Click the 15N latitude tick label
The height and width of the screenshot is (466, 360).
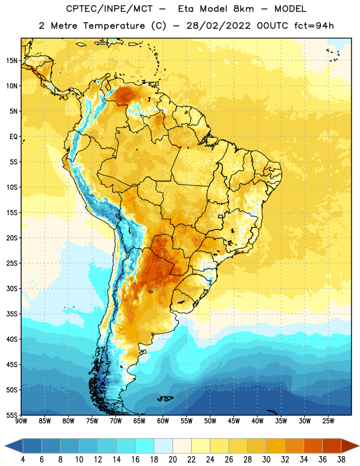pyautogui.click(x=12, y=61)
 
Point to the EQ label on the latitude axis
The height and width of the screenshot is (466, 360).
pyautogui.click(x=13, y=137)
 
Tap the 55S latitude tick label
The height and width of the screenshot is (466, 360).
pyautogui.click(x=12, y=415)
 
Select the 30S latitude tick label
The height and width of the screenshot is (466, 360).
pyautogui.click(x=12, y=288)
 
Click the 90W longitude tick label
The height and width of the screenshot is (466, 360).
pyautogui.click(x=21, y=421)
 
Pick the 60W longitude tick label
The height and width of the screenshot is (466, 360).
pyautogui.click(x=163, y=421)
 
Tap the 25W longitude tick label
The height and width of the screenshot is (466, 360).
pyautogui.click(x=328, y=421)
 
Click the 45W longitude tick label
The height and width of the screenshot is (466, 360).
pyautogui.click(x=234, y=421)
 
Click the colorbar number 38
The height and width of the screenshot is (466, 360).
pyautogui.click(x=341, y=460)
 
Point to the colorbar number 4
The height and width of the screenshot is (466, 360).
pyautogui.click(x=23, y=460)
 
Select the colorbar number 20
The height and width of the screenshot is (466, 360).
pyautogui.click(x=172, y=460)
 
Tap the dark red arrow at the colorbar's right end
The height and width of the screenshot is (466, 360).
pyautogui.click(x=350, y=446)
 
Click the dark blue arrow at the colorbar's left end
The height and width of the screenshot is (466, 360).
pyautogui.click(x=14, y=446)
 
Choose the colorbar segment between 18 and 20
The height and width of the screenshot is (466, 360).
pyautogui.click(x=164, y=446)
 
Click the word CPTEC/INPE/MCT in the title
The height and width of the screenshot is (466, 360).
pyautogui.click(x=109, y=9)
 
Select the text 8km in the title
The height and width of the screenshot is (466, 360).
pyautogui.click(x=243, y=9)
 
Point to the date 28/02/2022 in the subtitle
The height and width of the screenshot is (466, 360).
pyautogui.click(x=218, y=26)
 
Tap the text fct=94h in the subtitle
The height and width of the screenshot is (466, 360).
pyautogui.click(x=314, y=26)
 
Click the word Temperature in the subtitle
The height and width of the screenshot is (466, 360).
pyautogui.click(x=114, y=26)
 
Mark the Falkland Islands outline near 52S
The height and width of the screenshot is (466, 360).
pyautogui.click(x=165, y=398)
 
